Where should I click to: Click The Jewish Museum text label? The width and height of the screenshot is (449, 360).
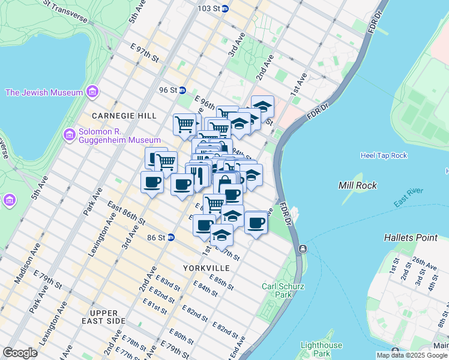(x=44, y=92)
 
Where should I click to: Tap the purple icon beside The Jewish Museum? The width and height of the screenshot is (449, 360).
(x=92, y=92)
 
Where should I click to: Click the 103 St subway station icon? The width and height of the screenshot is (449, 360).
(x=224, y=9)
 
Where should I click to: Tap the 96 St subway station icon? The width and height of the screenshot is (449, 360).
(x=182, y=90)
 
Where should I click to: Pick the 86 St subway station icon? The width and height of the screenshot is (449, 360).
(x=170, y=238)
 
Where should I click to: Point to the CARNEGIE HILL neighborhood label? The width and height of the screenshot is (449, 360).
(x=124, y=115)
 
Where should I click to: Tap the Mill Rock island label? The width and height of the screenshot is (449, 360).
(x=358, y=185)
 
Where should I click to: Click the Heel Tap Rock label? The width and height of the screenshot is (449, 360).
(x=384, y=155)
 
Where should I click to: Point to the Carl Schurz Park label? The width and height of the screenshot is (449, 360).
(x=277, y=290)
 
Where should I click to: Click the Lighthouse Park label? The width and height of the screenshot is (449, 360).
(x=321, y=349)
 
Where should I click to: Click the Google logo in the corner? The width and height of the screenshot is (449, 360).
(x=20, y=352)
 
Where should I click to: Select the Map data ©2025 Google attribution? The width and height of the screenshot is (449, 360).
(x=410, y=355)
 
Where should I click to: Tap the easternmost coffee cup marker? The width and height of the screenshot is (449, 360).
(x=256, y=223)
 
